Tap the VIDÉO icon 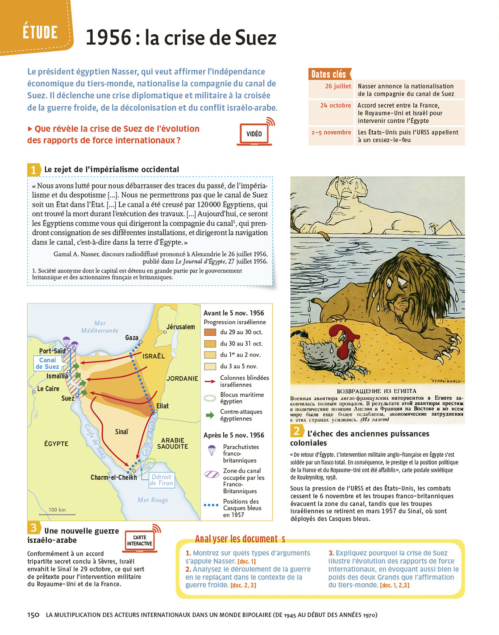tap(254, 134)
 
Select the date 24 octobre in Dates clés tap(335, 105)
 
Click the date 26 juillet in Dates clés tap(338, 86)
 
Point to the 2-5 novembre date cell tap(331, 133)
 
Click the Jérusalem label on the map tap(181, 327)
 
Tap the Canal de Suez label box tap(47, 363)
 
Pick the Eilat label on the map tap(163, 406)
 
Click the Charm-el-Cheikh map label tap(113, 477)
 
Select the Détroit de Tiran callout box tap(161, 480)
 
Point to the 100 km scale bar tap(62, 514)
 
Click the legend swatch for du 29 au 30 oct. tap(210, 332)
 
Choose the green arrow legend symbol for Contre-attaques tap(210, 415)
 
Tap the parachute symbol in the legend tap(212, 450)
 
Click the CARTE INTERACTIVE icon tap(140, 541)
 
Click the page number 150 tap(33, 615)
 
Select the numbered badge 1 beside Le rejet tap(33, 170)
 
